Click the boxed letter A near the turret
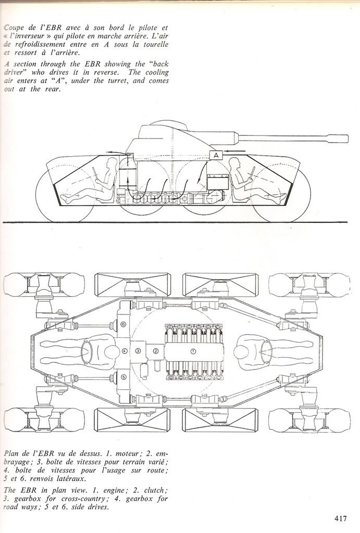(216, 155)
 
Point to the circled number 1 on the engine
(193, 351)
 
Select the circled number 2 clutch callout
(155, 351)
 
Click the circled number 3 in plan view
(138, 351)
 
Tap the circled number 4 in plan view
(125, 351)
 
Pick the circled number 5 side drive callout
(123, 377)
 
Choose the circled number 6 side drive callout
(123, 324)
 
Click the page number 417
(341, 518)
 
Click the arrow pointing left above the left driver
(111, 153)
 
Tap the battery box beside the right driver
(215, 183)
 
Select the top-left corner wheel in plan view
(44, 285)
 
